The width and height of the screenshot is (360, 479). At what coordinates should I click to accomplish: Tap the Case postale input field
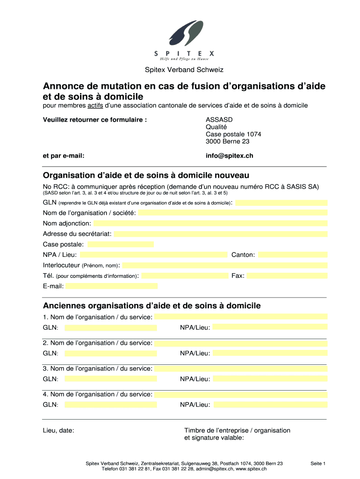click(x=121, y=244)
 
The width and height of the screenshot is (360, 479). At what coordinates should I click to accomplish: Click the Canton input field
click(x=293, y=255)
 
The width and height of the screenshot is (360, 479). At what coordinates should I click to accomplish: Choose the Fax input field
click(x=287, y=276)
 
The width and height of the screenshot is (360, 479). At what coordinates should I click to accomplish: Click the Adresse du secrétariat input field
click(x=220, y=234)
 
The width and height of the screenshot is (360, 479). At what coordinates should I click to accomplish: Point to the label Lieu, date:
click(x=58, y=430)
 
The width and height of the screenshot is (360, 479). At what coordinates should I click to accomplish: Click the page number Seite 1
click(x=317, y=464)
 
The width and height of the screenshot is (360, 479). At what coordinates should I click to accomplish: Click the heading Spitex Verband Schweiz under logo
click(x=184, y=70)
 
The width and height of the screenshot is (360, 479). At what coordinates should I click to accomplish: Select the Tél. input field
click(x=185, y=276)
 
